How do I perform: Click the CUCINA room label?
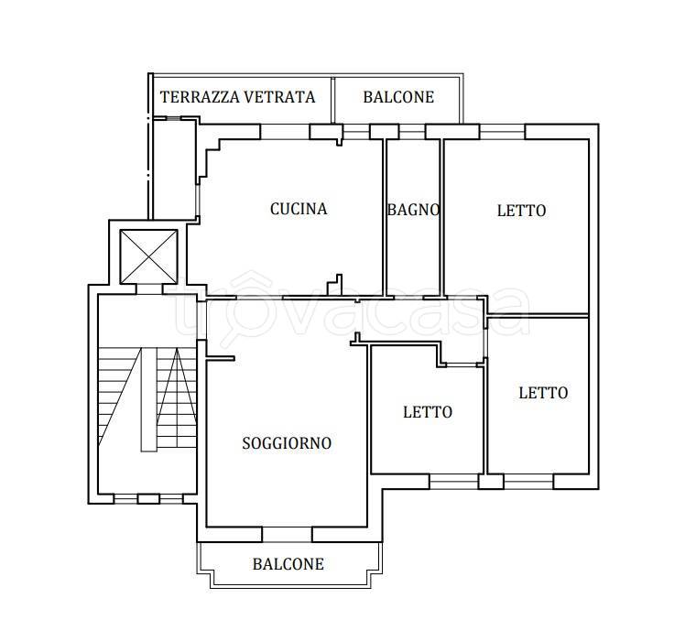point(299,209)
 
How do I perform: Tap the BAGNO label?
point(413,210)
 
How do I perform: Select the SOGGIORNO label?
point(287,443)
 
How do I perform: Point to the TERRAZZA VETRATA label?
point(238,96)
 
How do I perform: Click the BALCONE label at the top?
point(398,97)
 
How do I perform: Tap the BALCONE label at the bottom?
point(288,564)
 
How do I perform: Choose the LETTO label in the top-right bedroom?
point(521,211)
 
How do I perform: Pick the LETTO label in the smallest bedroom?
point(428,412)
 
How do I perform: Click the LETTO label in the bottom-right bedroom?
point(543,393)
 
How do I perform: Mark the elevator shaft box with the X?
point(148,254)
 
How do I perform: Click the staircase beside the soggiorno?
point(147,399)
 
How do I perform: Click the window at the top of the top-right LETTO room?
point(502,131)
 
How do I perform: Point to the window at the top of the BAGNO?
point(413,133)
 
